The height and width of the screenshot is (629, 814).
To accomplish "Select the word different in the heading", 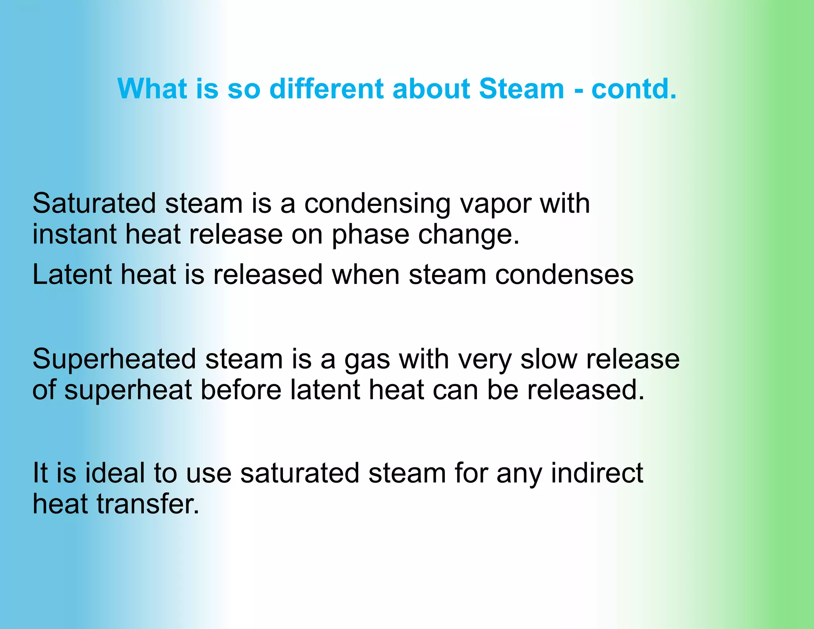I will [x=326, y=88].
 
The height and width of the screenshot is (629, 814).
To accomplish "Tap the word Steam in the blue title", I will [x=521, y=88].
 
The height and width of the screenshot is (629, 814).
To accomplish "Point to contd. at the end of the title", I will [x=634, y=88].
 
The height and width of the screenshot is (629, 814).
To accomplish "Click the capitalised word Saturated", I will [x=94, y=204].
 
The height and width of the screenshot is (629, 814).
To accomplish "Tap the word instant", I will [x=74, y=234].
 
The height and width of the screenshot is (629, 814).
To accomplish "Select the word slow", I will [x=548, y=359].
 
